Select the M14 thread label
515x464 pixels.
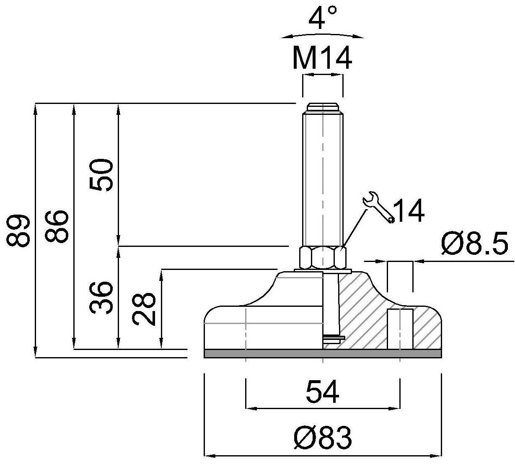[x=322, y=58]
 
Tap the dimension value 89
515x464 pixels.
[x=19, y=230]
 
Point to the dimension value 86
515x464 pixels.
[x=57, y=227]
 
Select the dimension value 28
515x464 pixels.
[x=145, y=310]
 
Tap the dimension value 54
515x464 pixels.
[x=322, y=392]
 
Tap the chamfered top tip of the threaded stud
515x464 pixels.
[x=323, y=106]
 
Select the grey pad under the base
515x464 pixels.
[x=322, y=354]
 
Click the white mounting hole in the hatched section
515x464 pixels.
[x=400, y=329]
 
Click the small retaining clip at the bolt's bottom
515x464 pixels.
[x=334, y=338]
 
